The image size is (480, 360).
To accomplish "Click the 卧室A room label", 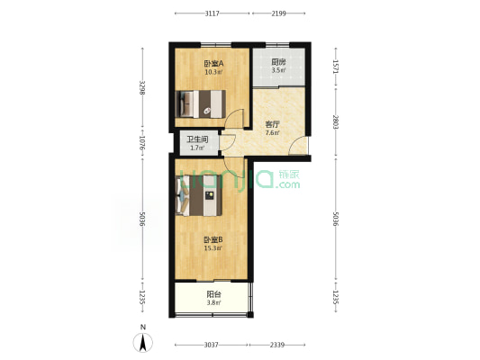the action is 213,64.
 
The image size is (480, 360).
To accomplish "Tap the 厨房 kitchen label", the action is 278,62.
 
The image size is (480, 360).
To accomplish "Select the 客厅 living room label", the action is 272,124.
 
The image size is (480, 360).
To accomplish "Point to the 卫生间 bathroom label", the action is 197,139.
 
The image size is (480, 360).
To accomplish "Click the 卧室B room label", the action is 213,239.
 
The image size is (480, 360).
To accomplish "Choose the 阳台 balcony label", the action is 213,294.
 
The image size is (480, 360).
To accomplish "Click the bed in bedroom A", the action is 201,104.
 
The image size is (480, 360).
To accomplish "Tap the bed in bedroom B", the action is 199,195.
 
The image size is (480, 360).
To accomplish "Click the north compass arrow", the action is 142,343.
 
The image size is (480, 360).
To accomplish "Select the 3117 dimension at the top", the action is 212,13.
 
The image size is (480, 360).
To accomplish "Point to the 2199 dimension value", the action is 278,13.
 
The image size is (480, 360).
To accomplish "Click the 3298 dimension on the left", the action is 142,88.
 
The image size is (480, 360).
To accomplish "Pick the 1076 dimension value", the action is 142,143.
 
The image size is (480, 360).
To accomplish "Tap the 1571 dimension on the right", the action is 336,67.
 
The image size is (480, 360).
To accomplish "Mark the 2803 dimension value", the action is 336,122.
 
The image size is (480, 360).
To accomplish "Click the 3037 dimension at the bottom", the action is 212,345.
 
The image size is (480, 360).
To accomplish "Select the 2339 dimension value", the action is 277,345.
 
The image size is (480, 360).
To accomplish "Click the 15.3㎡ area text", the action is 213,248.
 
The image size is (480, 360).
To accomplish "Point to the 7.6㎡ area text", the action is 272,132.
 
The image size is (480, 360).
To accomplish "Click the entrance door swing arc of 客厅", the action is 294,143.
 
